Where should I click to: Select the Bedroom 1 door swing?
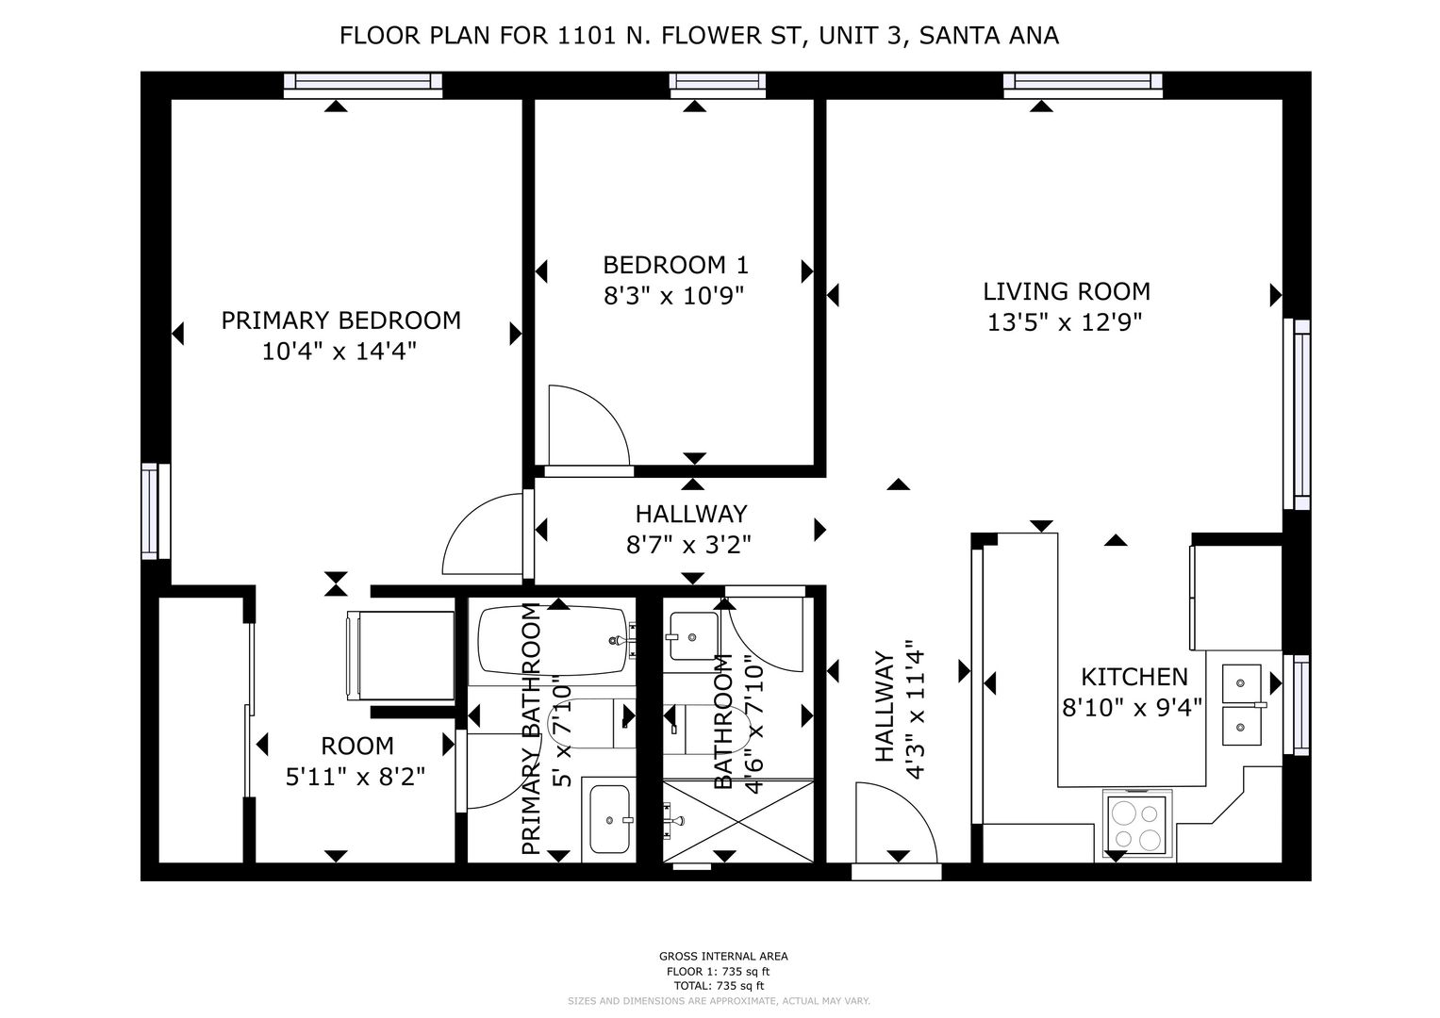click(x=588, y=425)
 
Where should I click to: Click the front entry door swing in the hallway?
click(x=896, y=823)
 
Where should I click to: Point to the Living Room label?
click(x=1067, y=291)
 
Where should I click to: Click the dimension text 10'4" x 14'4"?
click(x=339, y=351)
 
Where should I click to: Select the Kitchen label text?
click(x=1134, y=677)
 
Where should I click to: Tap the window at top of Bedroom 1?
click(x=718, y=84)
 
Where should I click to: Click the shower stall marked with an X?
click(x=738, y=821)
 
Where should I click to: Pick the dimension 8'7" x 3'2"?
click(x=688, y=545)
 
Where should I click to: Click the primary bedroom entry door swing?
click(x=483, y=534)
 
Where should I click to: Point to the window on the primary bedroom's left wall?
click(x=156, y=511)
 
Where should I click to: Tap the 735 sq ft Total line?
click(x=719, y=985)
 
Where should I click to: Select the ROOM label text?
click(x=357, y=747)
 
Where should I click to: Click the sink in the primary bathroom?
click(x=609, y=819)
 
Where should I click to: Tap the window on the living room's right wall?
click(x=1297, y=415)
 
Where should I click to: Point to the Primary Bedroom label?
click(x=341, y=320)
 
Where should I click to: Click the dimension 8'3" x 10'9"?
click(x=673, y=296)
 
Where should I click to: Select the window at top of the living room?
click(x=1084, y=84)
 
